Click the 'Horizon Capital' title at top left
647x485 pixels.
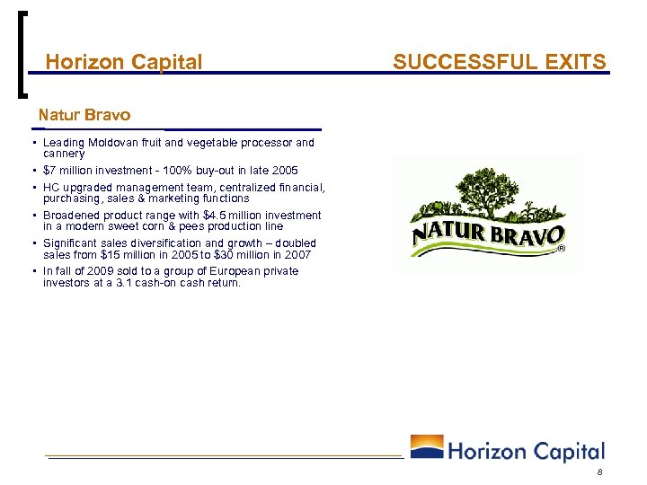(124, 62)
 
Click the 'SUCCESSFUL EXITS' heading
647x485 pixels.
(500, 62)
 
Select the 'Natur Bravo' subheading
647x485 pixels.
(84, 115)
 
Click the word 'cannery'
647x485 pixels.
(64, 154)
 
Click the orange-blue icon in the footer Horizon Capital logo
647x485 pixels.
(426, 448)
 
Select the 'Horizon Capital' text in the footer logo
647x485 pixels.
(526, 451)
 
